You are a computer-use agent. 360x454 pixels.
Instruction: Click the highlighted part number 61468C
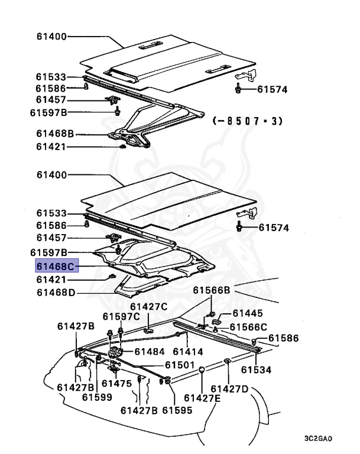click(x=56, y=267)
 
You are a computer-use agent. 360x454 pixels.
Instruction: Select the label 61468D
click(x=56, y=292)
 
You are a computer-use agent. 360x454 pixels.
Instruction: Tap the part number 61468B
click(x=55, y=134)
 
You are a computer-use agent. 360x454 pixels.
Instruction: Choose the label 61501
click(x=180, y=365)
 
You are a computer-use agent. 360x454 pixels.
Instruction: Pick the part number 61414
click(x=188, y=351)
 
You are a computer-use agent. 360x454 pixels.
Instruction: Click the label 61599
click(x=97, y=397)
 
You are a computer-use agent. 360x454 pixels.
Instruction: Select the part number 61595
click(x=177, y=410)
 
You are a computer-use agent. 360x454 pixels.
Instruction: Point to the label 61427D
click(x=230, y=388)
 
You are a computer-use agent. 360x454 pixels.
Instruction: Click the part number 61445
click(x=248, y=313)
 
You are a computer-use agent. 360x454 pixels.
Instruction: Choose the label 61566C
click(x=248, y=327)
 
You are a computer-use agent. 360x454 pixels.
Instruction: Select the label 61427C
click(x=149, y=306)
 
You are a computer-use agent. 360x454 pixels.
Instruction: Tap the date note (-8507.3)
click(x=247, y=121)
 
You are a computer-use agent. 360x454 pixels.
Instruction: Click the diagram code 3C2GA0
click(x=318, y=439)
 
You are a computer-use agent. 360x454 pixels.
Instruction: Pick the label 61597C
click(x=122, y=316)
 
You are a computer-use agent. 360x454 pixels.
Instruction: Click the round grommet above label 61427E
click(x=202, y=370)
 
